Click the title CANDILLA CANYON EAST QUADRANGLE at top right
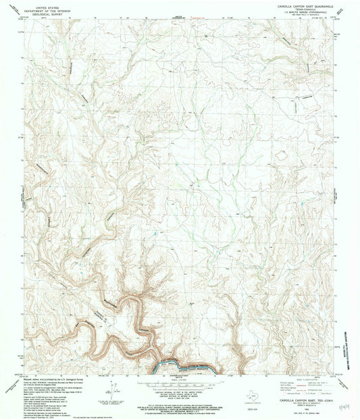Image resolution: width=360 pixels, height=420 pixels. coord(302,5)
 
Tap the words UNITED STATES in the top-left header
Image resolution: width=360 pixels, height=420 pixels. coord(43,5)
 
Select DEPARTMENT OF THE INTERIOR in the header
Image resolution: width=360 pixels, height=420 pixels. coord(43,8)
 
